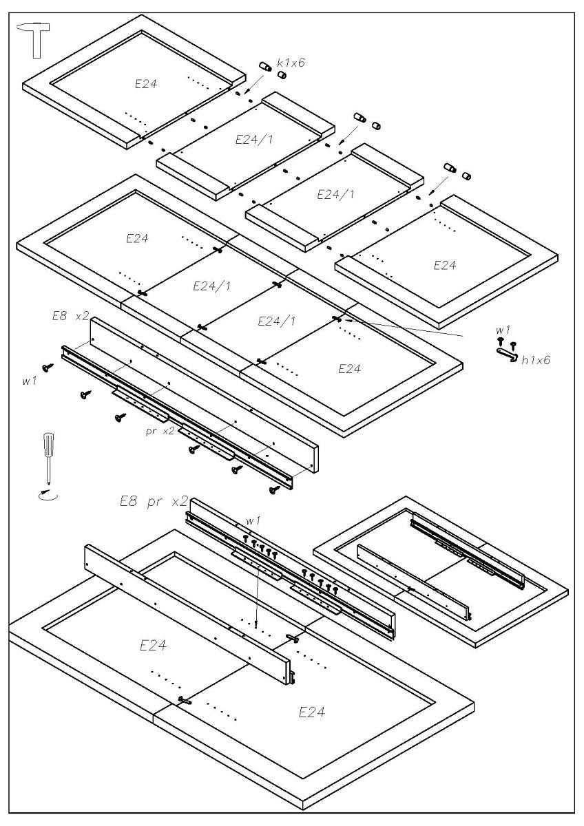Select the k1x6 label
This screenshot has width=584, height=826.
[x=291, y=63]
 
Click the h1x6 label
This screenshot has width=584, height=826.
[x=536, y=359]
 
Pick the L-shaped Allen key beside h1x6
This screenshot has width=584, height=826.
[x=507, y=354]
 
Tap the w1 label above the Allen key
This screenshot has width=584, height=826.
[x=503, y=331]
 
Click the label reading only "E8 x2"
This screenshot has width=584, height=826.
[x=70, y=316]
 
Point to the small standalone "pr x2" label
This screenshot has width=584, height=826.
[x=160, y=431]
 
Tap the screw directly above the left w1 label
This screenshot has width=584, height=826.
[x=48, y=368]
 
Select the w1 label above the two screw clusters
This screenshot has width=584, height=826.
[x=253, y=521]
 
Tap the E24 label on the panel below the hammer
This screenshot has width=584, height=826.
[x=145, y=84]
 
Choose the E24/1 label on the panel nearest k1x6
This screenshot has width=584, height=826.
[x=254, y=139]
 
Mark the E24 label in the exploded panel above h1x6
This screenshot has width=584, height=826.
[x=444, y=266]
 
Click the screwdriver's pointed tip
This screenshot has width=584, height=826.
[x=48, y=483]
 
